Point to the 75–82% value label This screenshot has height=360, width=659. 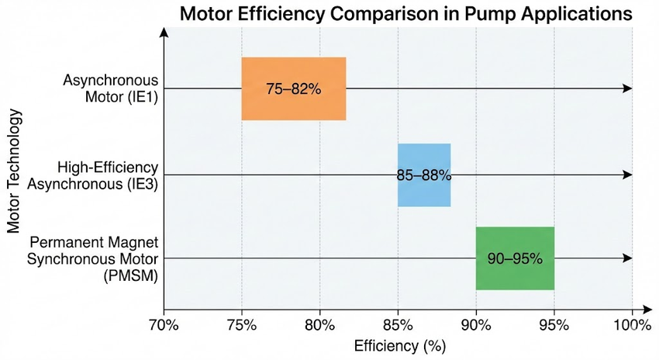(293, 89)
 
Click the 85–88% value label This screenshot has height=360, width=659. (424, 175)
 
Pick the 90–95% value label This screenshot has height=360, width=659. (515, 258)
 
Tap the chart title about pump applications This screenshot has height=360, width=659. (406, 14)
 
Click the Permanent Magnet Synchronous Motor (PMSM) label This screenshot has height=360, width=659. (93, 258)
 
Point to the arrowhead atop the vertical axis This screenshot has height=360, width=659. (164, 33)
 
